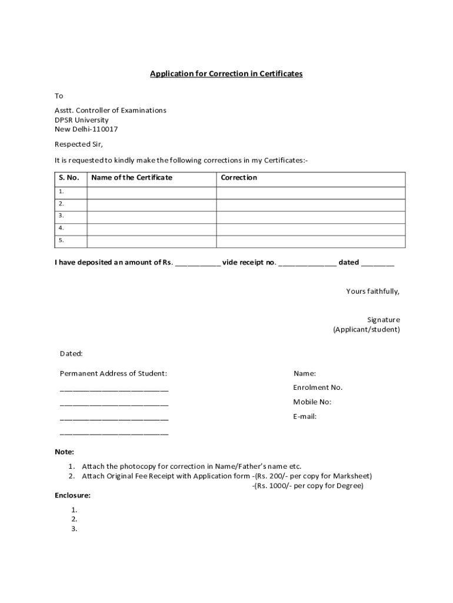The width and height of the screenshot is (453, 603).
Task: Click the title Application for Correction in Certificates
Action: tap(226, 74)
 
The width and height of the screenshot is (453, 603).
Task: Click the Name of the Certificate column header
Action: tap(132, 177)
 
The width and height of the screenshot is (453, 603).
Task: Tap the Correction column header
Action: tap(239, 177)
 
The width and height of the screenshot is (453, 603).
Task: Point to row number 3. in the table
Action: tap(61, 216)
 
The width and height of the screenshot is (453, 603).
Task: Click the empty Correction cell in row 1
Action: tap(311, 192)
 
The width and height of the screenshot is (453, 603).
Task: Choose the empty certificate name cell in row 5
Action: tap(152, 241)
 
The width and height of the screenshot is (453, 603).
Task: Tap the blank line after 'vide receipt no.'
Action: tap(308, 263)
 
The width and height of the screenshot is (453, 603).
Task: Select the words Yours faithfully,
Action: tap(373, 291)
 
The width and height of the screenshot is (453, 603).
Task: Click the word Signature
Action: tap(384, 320)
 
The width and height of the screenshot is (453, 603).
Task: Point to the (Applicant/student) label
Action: tap(367, 329)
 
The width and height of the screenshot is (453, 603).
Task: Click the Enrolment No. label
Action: tap(318, 387)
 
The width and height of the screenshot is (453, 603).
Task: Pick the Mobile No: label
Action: tap(312, 402)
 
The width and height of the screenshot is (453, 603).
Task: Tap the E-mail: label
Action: tap(305, 416)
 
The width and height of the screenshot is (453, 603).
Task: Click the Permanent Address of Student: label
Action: tap(114, 373)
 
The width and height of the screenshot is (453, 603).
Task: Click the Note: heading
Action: tap(65, 452)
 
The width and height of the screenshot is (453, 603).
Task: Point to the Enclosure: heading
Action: tap(72, 495)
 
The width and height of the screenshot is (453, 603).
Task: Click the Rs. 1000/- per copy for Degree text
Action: tap(309, 486)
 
